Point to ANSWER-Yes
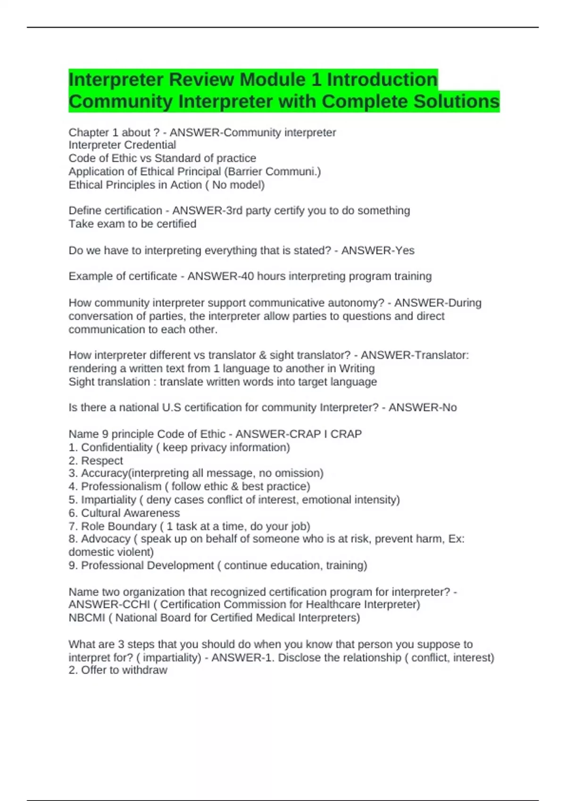point(377,251)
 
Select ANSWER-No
point(422,408)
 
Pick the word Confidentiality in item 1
point(117,447)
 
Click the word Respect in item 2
point(102,460)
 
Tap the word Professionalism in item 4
point(121,486)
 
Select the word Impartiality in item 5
point(108,499)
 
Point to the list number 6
point(72,513)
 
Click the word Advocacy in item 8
point(106,539)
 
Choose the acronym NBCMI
point(87,618)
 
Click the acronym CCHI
point(136,605)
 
